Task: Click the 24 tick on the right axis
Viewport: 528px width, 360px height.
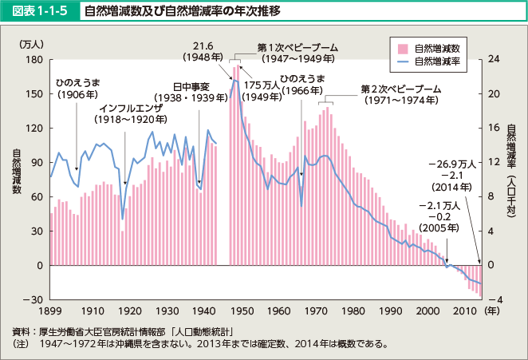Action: (493, 60)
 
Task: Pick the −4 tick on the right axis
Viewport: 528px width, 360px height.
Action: (493, 299)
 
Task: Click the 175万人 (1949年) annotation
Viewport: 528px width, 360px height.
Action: (262, 91)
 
